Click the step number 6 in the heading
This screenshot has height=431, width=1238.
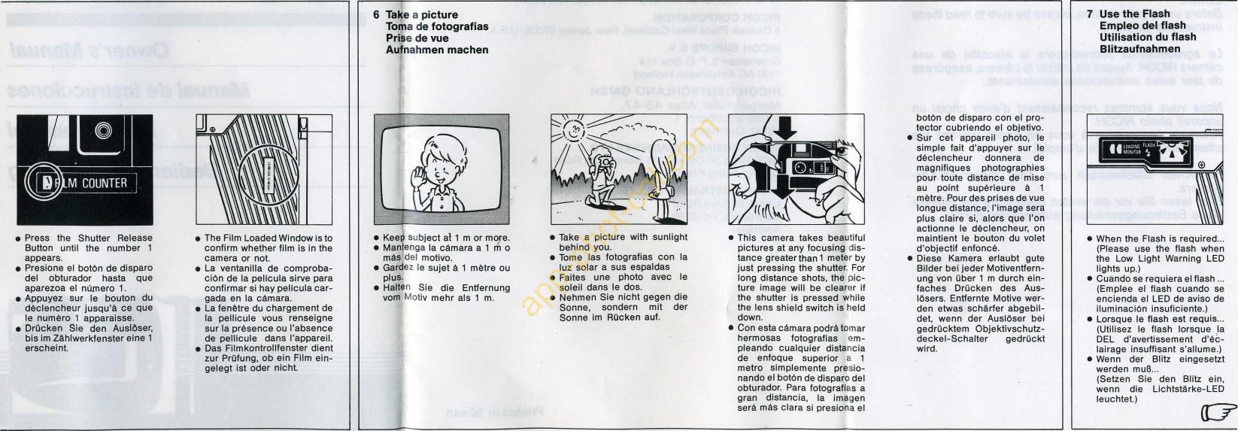(x=377, y=15)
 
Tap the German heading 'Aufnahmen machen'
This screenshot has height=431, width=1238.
(x=437, y=50)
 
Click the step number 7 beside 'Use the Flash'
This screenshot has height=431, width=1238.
(x=1091, y=14)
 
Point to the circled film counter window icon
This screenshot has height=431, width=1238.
(x=38, y=183)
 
